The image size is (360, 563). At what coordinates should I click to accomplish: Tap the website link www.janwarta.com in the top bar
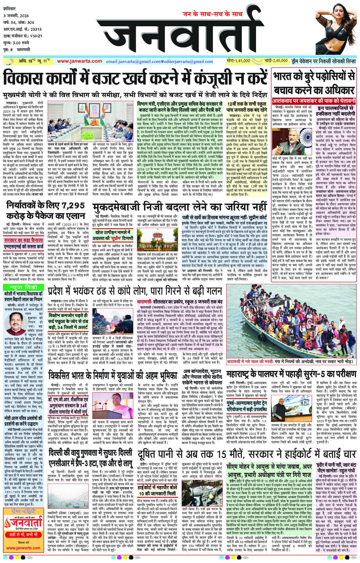point(79,61)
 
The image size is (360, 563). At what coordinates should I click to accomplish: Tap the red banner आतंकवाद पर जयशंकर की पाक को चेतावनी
point(314,100)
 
